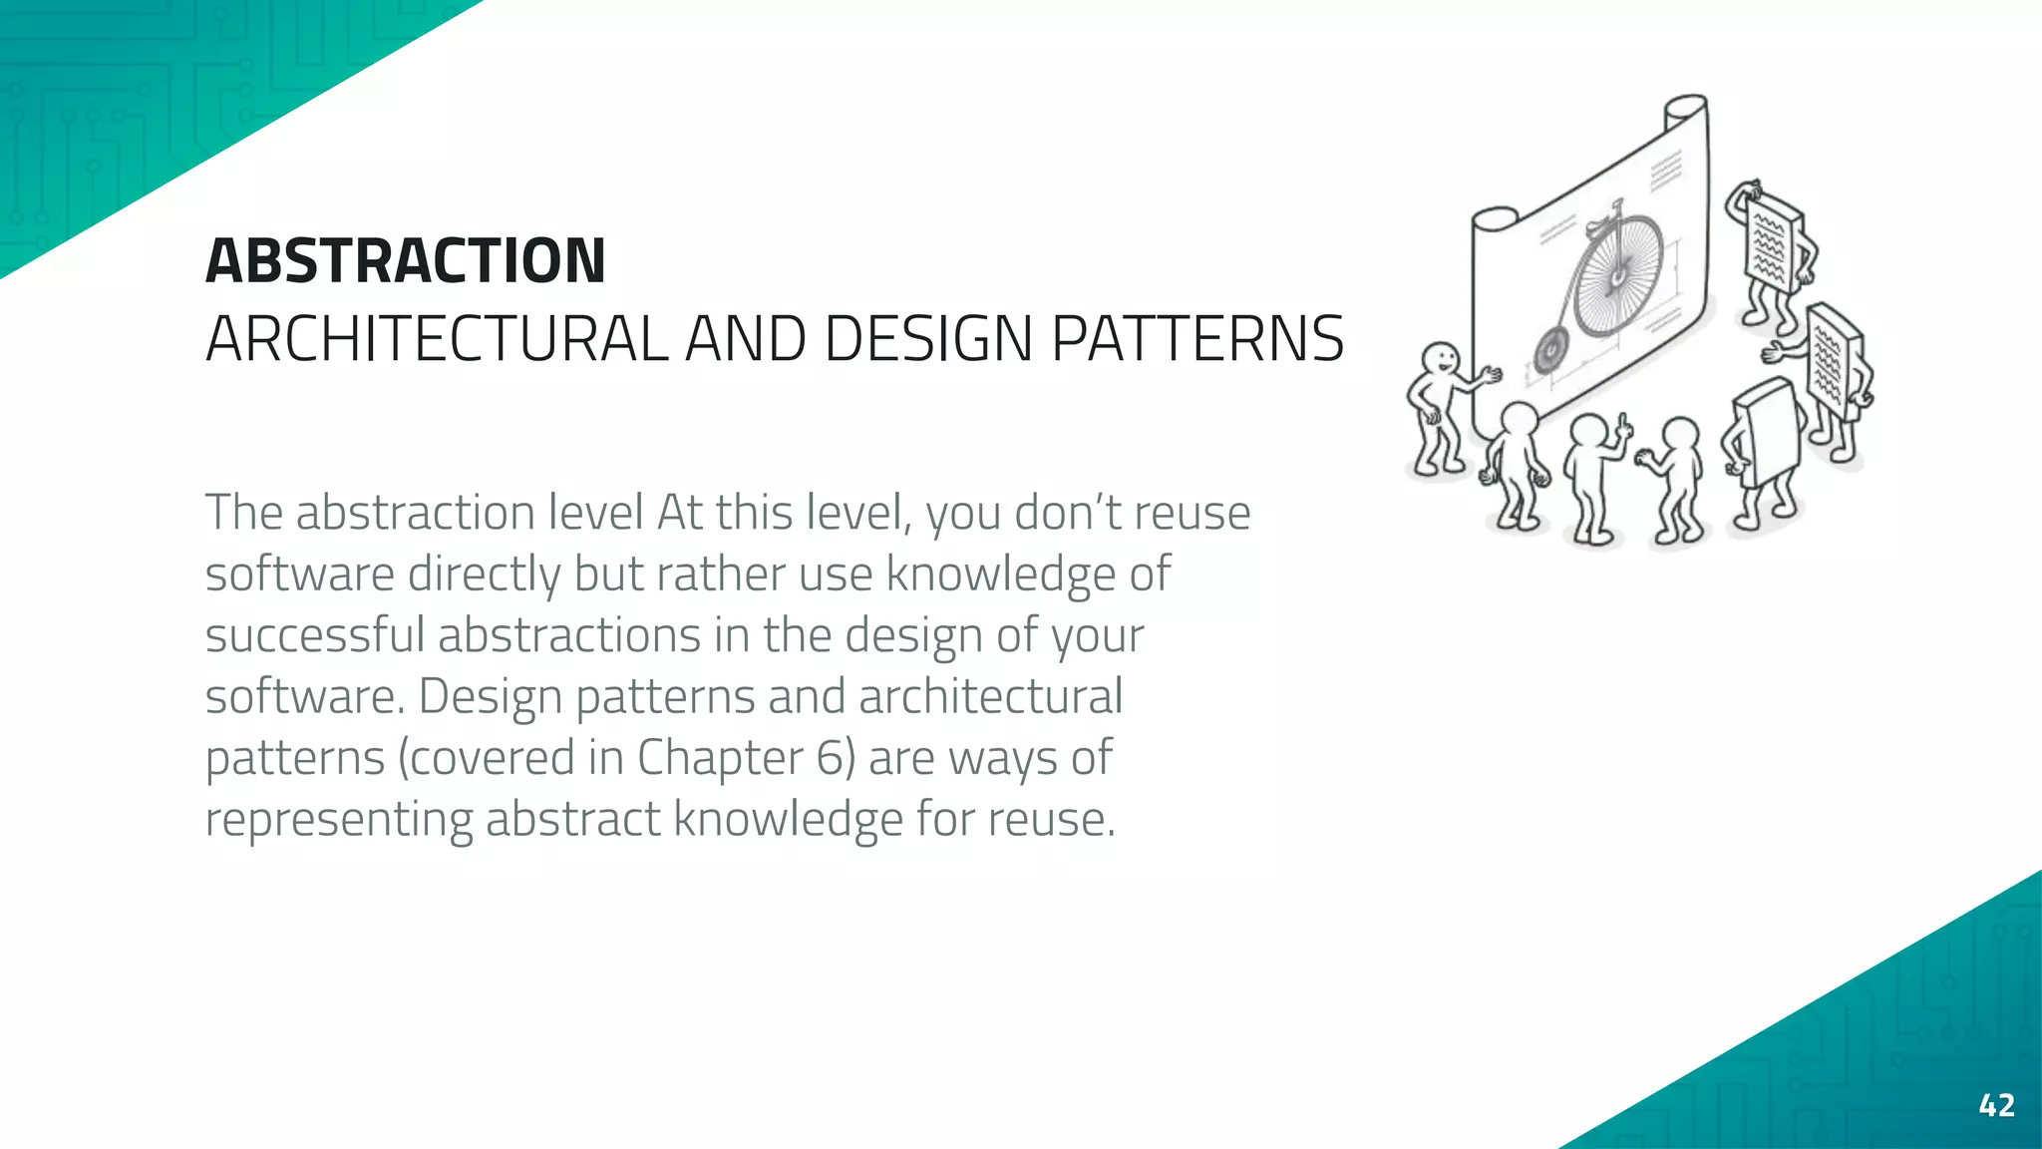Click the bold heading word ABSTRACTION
click(405, 261)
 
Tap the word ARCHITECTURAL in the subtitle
click(436, 339)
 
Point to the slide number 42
click(1996, 1105)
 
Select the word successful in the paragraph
click(315, 635)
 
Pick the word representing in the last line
click(339, 820)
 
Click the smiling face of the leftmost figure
click(1440, 358)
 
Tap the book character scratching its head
click(1774, 244)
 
